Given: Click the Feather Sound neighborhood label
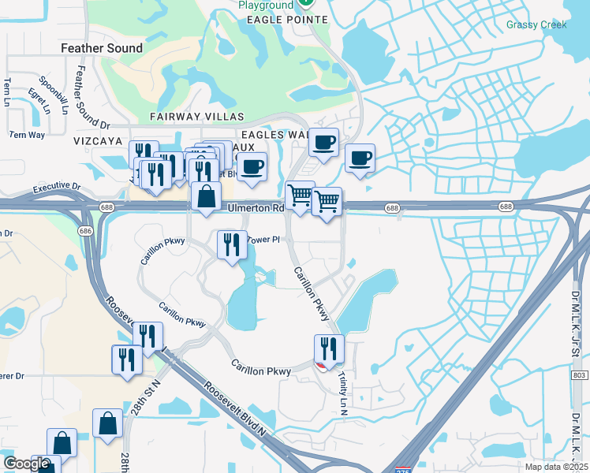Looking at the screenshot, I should pos(102,48).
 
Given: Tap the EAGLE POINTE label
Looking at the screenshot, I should pos(281,19).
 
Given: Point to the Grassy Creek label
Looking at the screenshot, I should pos(536,25).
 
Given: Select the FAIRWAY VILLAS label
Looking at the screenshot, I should pos(197,117).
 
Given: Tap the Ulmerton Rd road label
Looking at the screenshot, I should pos(255,208).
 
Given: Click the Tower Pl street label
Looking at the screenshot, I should pos(264,239).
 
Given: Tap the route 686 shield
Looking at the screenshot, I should pos(85,232).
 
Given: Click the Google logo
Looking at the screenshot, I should pos(26,463).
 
